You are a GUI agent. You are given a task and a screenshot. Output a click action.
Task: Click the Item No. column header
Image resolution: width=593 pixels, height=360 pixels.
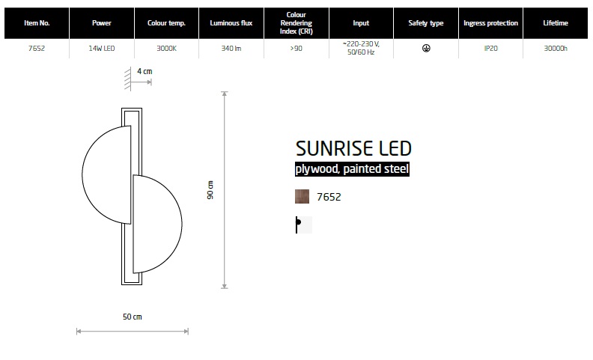37,23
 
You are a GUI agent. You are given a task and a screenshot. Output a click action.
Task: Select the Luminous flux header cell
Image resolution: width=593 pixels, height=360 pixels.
231,23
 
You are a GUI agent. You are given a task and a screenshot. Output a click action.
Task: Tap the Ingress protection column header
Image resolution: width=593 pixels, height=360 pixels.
490,23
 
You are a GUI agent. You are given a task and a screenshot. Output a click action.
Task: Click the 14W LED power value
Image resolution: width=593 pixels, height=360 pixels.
102,49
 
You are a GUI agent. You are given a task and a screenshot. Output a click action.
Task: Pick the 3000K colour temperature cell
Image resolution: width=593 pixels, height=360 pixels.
166,49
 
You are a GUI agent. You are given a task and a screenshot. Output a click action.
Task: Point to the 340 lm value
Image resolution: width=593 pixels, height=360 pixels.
231,49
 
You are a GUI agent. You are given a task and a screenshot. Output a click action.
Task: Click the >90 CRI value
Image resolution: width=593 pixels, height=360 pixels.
296,49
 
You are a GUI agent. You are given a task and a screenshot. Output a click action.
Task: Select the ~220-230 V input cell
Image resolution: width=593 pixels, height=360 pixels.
361,48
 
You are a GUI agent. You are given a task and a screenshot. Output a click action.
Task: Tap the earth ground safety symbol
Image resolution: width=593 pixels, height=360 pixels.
426,48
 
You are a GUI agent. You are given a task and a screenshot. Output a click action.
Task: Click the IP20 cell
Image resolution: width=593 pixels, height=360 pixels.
491,49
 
